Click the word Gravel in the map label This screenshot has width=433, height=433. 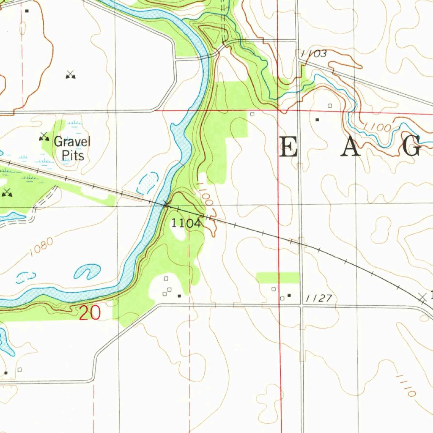pyautogui.click(x=72, y=141)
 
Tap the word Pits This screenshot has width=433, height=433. pyautogui.click(x=73, y=155)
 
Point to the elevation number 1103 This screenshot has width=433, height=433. pyautogui.click(x=314, y=54)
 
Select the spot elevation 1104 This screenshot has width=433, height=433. pyautogui.click(x=186, y=223)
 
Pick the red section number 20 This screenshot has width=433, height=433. pyautogui.click(x=90, y=313)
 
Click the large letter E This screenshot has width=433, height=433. pyautogui.click(x=288, y=148)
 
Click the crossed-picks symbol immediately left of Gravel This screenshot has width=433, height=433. pyautogui.click(x=44, y=136)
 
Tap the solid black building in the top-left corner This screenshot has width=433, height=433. pyautogui.click(x=27, y=11)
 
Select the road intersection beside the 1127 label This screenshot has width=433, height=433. pyautogui.click(x=301, y=305)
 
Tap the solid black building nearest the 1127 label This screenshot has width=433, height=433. pyautogui.click(x=289, y=295)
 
